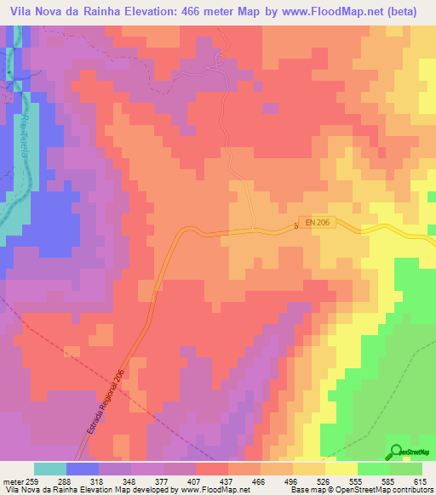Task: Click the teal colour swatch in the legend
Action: [x=50, y=469]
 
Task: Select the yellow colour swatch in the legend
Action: [x=341, y=469]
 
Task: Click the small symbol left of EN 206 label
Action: [x=295, y=225]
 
